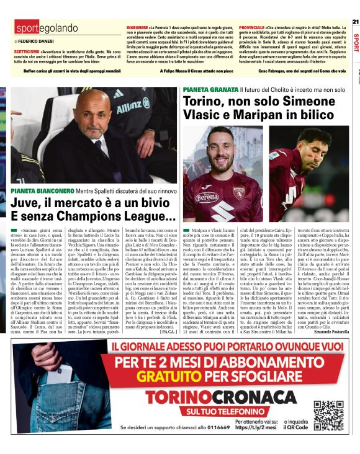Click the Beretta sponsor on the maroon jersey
tap(208, 196)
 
